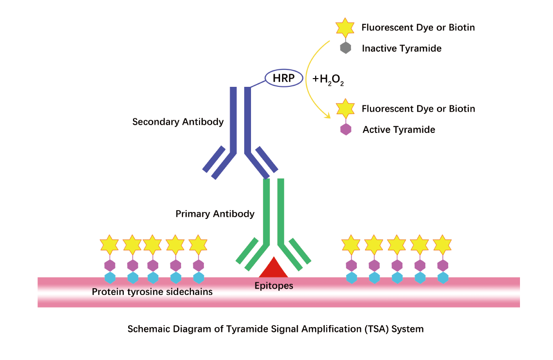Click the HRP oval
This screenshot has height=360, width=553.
click(284, 78)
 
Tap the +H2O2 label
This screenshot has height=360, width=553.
click(329, 79)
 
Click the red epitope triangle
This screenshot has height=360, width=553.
click(274, 268)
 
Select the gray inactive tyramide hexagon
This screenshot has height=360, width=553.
click(345, 48)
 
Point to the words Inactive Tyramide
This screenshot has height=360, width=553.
click(402, 49)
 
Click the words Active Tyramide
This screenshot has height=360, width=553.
click(399, 130)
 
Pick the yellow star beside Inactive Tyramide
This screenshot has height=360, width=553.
click(345, 28)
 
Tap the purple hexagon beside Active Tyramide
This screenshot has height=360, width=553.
click(345, 129)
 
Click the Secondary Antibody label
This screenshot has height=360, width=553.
click(178, 122)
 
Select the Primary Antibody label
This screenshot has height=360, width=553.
click(215, 213)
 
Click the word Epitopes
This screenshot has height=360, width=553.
click(274, 286)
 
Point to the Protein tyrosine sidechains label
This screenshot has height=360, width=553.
click(152, 292)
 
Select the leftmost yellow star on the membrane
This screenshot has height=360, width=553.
click(109, 245)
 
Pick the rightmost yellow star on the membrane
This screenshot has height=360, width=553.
click(442, 245)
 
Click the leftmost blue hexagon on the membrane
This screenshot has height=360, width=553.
click(110, 278)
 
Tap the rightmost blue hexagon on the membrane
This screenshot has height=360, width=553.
click(442, 278)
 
